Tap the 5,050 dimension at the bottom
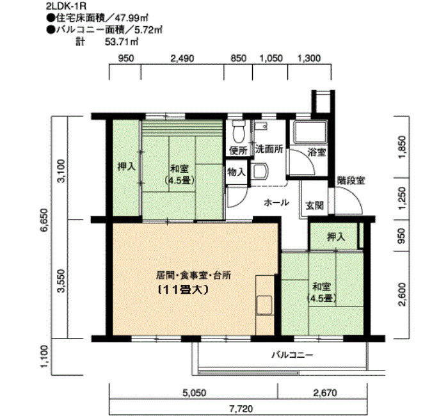[x=194, y=393]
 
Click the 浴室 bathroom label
[x=316, y=152]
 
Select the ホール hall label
[x=276, y=202]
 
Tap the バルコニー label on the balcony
[x=292, y=353]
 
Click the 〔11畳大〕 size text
[x=184, y=289]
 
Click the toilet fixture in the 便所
[x=239, y=131]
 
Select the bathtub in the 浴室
[x=309, y=133]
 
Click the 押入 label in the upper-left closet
[x=126, y=167]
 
